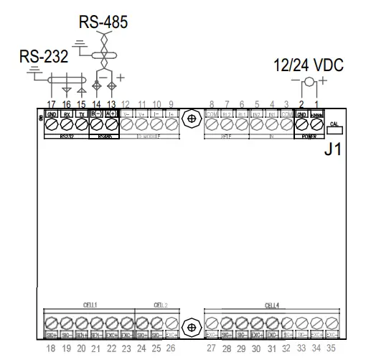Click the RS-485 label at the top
coord(103,22)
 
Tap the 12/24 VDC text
coord(309,65)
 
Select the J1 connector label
coord(334,149)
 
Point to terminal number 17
coord(51,104)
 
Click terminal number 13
coord(111,104)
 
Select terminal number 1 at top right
coord(316,104)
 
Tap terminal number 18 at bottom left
coord(51,348)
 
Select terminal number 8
coord(212,104)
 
